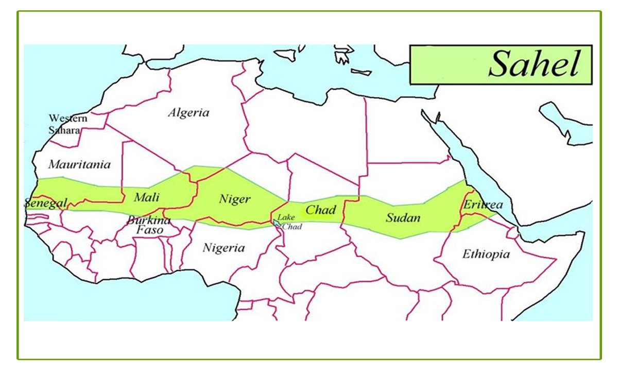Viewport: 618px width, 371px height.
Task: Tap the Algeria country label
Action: click(x=188, y=113)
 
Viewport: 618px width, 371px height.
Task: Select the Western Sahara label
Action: click(x=67, y=124)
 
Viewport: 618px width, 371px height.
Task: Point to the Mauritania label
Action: click(x=79, y=164)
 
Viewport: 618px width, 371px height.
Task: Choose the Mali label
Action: click(x=147, y=197)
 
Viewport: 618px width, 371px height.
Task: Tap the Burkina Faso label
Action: click(x=149, y=225)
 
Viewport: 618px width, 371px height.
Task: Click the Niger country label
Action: click(x=234, y=199)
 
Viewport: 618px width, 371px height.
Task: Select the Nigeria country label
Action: click(x=224, y=248)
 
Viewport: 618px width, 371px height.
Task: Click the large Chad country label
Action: click(x=320, y=210)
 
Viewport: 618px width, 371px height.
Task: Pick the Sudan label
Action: click(x=403, y=217)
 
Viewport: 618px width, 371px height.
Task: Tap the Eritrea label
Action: click(x=483, y=205)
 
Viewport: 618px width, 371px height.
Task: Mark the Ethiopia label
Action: click(x=486, y=254)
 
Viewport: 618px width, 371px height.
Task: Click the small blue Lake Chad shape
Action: click(x=277, y=223)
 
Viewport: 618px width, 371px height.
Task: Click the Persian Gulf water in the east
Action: click(x=566, y=124)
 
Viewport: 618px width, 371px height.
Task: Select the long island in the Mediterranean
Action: click(x=361, y=72)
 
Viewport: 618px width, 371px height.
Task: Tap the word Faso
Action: click(x=149, y=231)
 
